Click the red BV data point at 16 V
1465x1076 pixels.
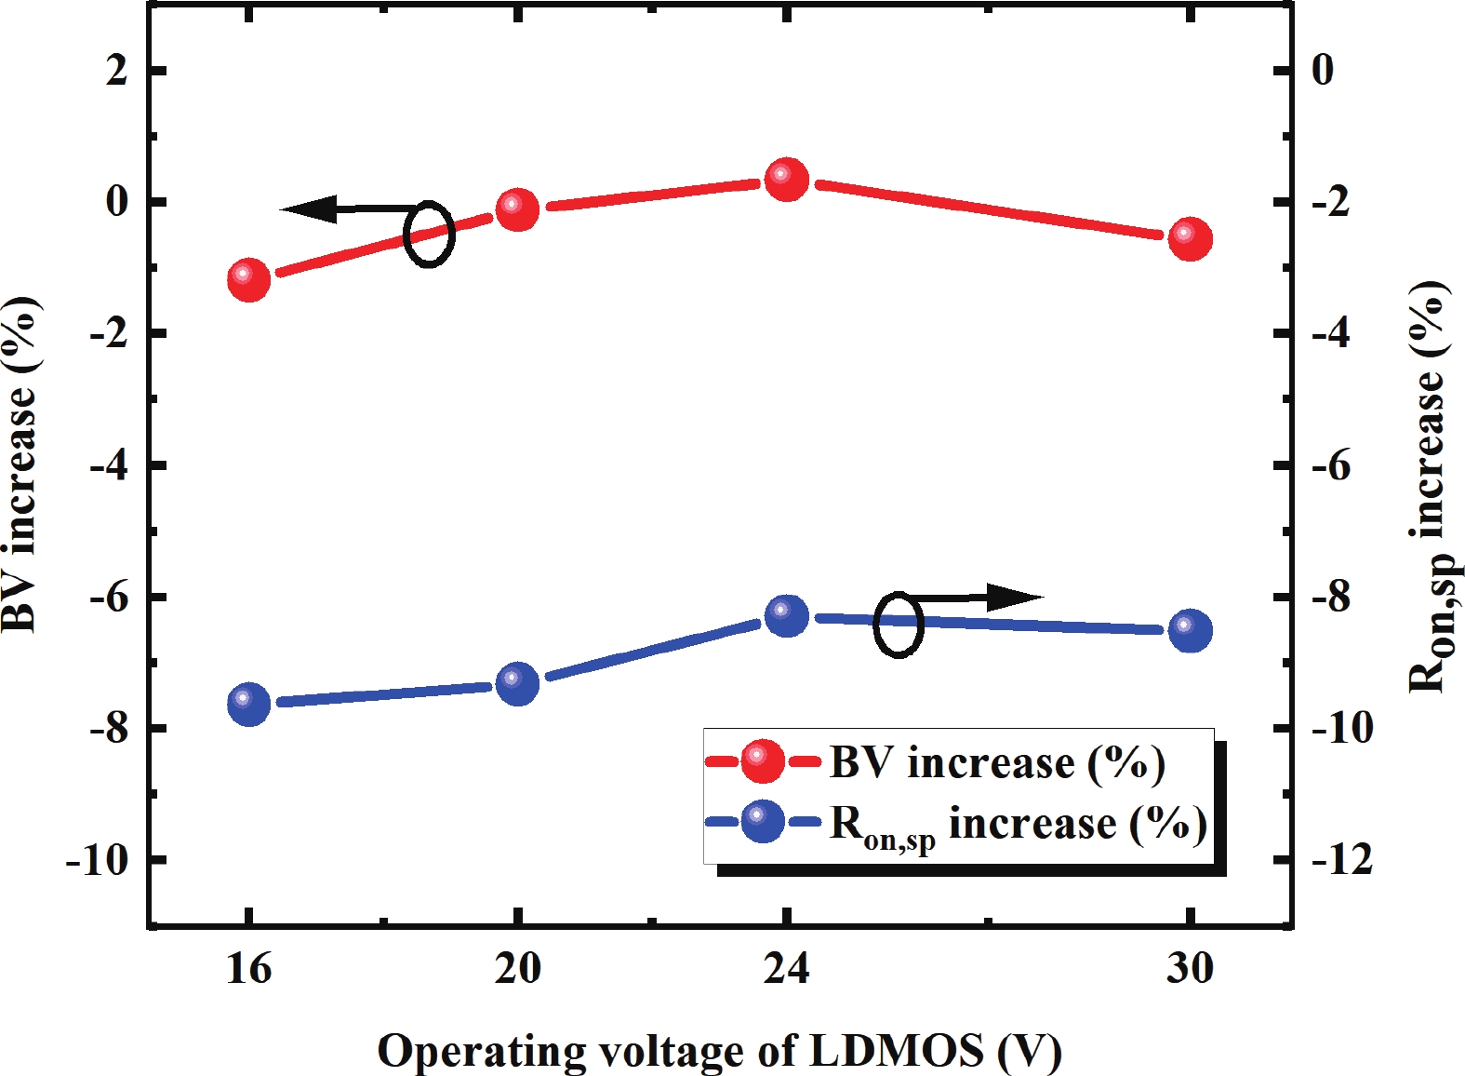(248, 279)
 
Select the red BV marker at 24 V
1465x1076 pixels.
(787, 179)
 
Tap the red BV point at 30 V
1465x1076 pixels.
(1190, 238)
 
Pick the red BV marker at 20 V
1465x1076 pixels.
(517, 209)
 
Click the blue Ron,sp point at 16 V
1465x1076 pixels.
(248, 703)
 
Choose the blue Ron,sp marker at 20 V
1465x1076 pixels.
(517, 683)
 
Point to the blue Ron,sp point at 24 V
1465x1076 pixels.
(787, 615)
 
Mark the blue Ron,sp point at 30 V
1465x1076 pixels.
(1190, 630)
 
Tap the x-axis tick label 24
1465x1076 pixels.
(787, 969)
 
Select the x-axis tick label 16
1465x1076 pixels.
(248, 969)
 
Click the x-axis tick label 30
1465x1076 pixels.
(1190, 969)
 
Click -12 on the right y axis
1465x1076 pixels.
(1341, 860)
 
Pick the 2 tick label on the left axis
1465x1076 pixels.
(116, 71)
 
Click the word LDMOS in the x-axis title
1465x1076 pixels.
(897, 1051)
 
